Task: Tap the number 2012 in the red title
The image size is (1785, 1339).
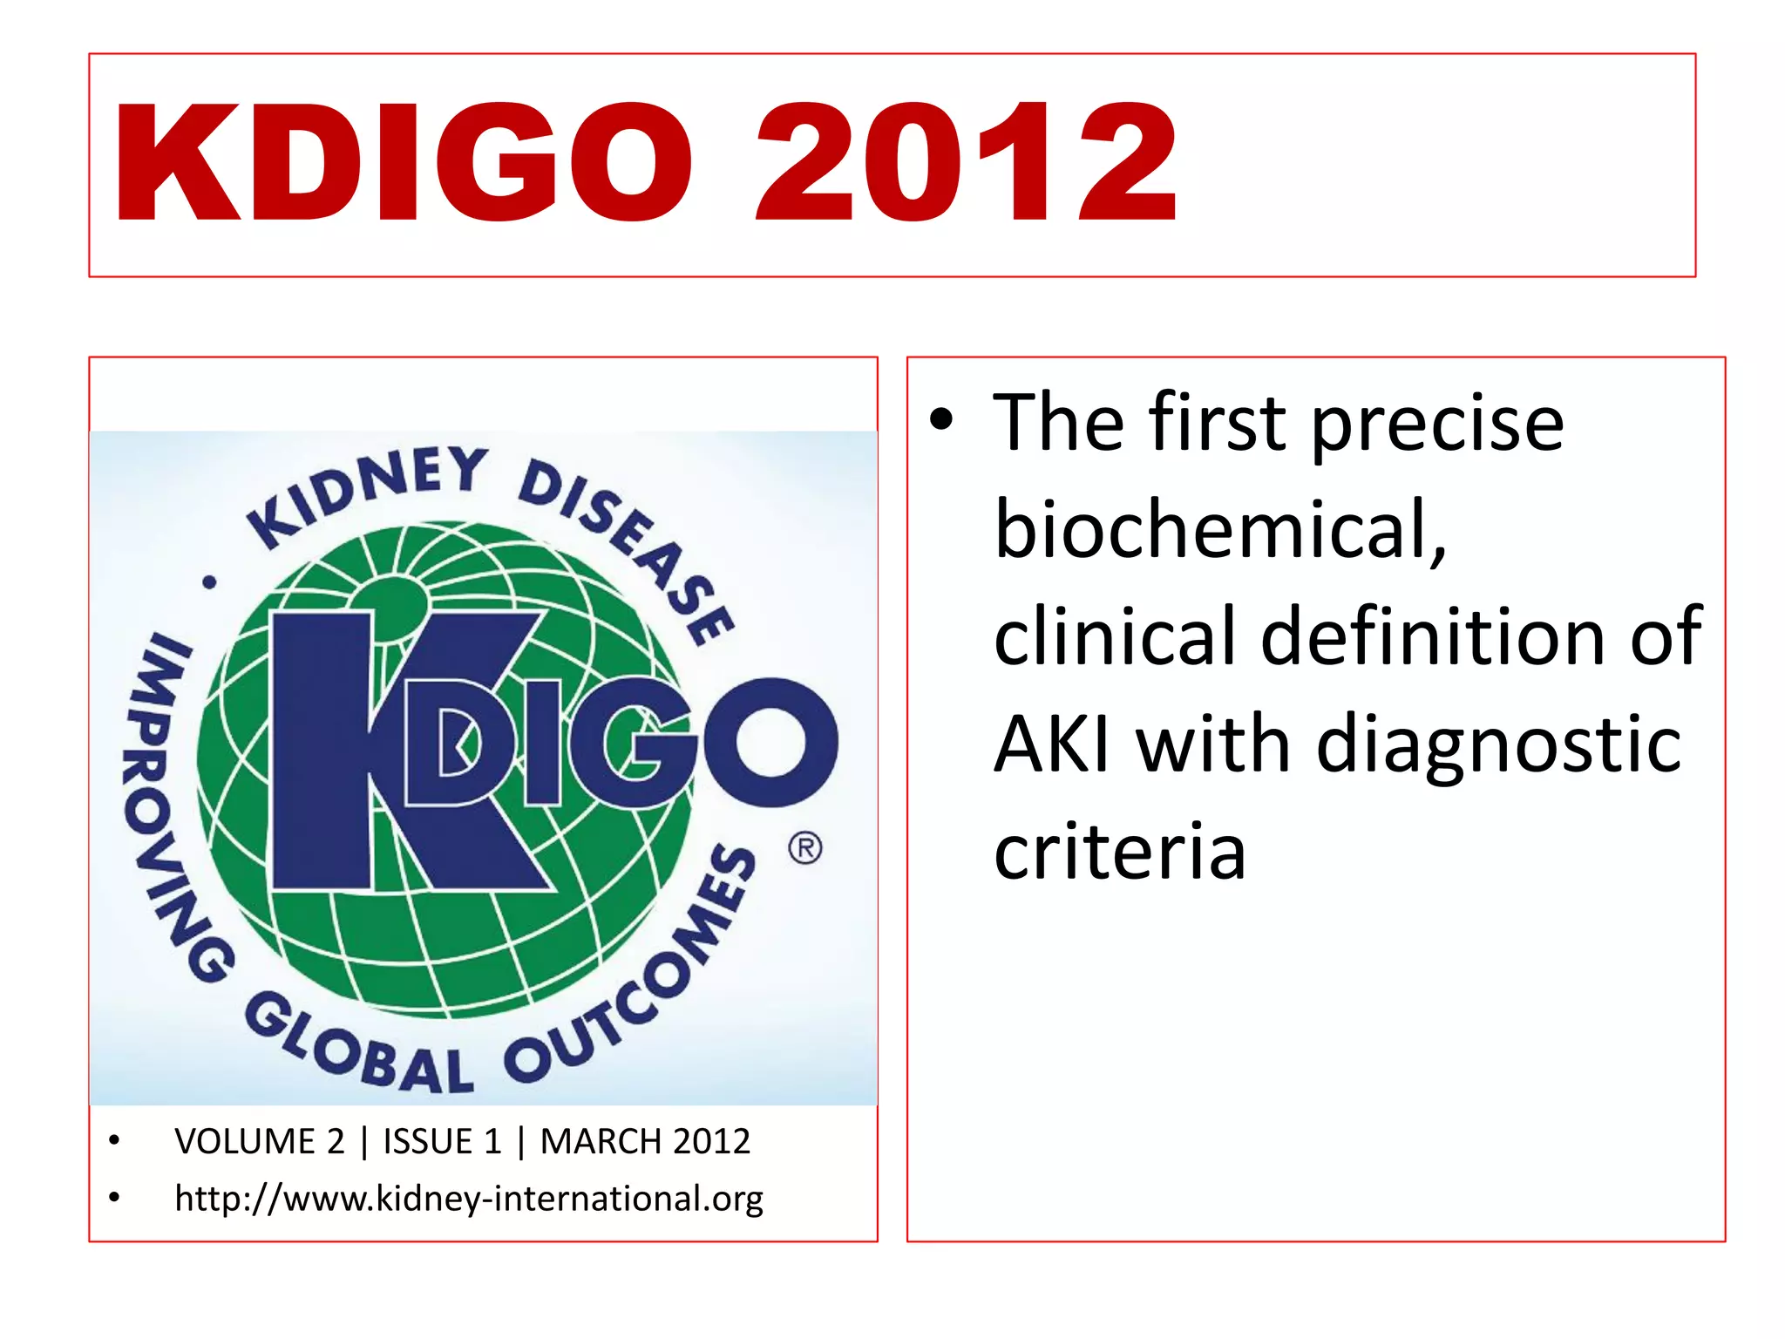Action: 966,163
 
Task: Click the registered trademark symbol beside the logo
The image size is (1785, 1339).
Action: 804,848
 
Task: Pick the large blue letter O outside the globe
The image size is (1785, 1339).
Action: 771,742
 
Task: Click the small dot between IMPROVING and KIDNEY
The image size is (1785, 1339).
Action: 209,582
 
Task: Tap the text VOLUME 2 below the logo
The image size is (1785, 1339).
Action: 259,1142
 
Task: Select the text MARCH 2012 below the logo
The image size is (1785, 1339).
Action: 645,1142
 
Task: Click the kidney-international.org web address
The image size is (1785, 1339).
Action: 469,1199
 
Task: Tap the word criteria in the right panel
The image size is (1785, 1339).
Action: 1120,852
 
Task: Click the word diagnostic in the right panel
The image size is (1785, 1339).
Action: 1499,745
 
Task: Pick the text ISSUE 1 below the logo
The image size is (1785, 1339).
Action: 443,1142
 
